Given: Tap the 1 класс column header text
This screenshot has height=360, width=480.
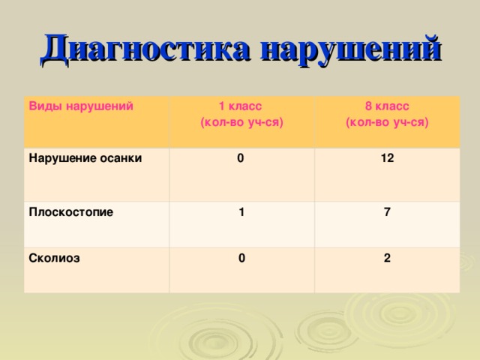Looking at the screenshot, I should point(239,106).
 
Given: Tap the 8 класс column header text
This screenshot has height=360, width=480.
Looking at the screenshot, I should point(386,106).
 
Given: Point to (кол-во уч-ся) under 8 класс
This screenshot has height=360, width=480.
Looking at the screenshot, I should point(387,121).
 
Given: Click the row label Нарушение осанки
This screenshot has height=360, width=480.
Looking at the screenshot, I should point(85,158).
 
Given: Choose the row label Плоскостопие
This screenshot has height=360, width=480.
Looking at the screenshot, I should point(70,211).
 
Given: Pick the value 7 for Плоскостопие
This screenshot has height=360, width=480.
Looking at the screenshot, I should point(385,212).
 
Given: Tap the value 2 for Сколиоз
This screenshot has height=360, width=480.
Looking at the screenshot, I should point(385,259).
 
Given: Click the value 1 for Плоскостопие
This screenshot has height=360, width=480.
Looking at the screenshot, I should point(240,212).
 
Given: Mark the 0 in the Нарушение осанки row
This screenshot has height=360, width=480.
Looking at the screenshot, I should point(239,159).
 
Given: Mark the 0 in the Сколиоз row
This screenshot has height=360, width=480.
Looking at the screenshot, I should point(240,259).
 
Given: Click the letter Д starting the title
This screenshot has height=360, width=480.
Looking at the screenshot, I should point(56,49).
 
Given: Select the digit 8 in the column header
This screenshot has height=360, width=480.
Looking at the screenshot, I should point(368,106).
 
